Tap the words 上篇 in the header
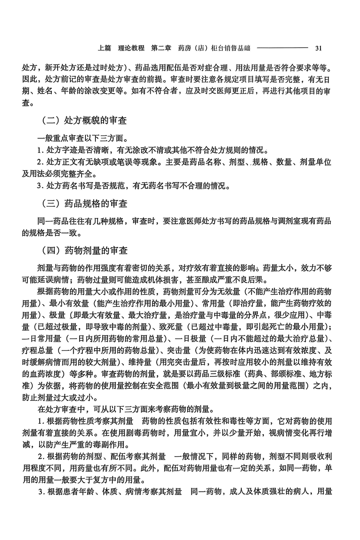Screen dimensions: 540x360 coord(104,48)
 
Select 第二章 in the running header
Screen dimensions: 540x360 coord(162,48)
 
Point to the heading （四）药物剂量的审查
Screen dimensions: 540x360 coord(84,251)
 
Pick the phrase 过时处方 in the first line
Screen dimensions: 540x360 coord(95,69)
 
